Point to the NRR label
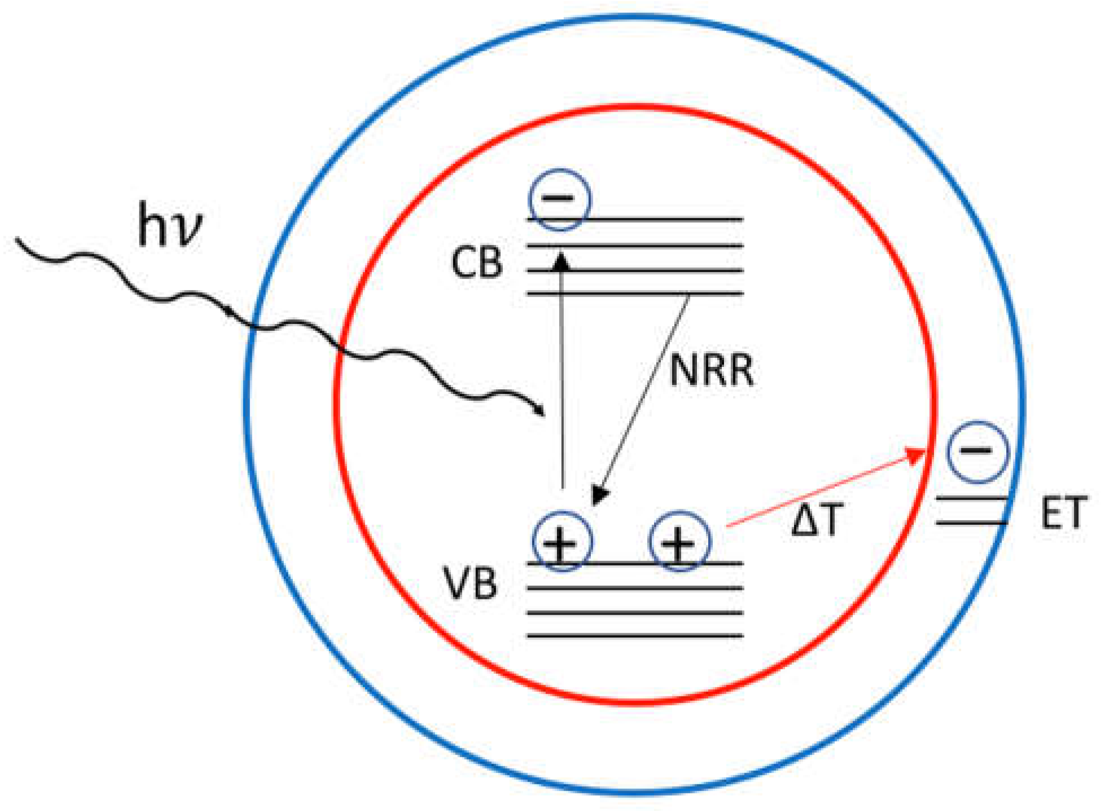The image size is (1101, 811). tap(711, 371)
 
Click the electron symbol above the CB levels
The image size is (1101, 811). tap(559, 199)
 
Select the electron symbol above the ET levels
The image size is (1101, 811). tap(977, 451)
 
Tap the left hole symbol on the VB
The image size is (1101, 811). tap(562, 542)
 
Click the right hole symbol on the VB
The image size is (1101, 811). tap(679, 542)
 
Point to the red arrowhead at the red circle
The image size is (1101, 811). tap(915, 455)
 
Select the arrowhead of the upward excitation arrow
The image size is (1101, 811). tap(561, 261)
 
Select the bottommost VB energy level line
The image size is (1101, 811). tap(635, 636)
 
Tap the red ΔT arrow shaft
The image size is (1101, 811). tap(818, 491)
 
